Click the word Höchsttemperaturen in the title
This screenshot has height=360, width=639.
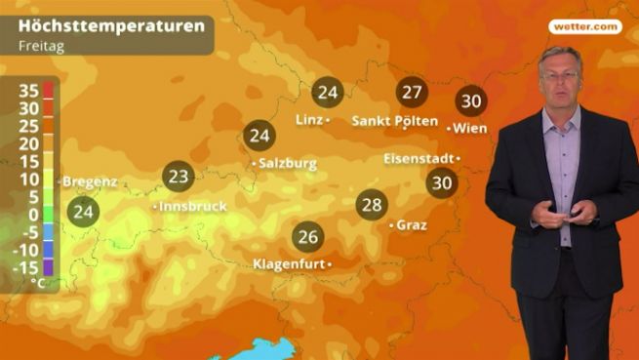point(111,24)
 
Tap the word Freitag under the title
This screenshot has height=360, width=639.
point(40,45)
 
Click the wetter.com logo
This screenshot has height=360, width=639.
point(584,27)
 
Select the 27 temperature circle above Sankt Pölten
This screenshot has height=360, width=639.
point(412,93)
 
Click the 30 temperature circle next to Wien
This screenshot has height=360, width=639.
point(471,101)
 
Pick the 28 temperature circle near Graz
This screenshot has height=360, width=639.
point(372,205)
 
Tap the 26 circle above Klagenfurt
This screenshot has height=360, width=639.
point(308,237)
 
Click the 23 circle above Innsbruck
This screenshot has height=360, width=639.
point(179,177)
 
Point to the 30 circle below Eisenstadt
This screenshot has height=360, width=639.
point(442,181)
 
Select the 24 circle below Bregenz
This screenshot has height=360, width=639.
point(84,211)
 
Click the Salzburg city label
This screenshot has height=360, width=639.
point(288,164)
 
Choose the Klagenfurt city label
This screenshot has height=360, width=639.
point(289,264)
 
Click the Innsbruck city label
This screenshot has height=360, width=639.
point(194,207)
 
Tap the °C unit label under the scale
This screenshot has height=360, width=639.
point(37,282)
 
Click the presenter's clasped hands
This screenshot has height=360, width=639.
point(566,214)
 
